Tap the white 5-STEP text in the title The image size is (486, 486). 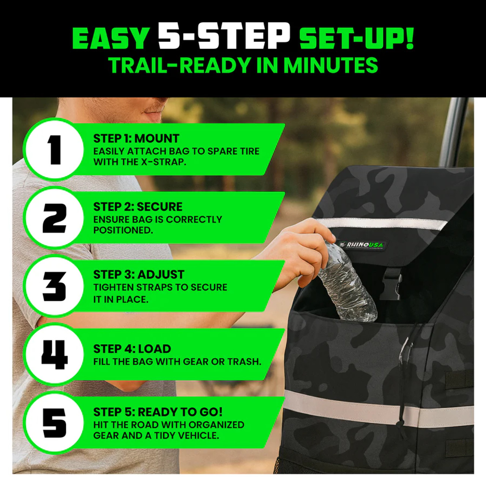pos(224,36)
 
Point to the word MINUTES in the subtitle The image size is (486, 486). pos(330,65)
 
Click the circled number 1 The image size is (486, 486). pos(54,150)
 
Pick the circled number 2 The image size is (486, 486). pos(54,218)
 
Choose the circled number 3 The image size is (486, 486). pos(54,286)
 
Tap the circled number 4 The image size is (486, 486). pos(54,354)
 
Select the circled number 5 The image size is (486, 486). pos(54,423)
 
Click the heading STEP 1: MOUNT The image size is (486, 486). pos(136,139)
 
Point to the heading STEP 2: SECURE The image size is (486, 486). pos(137,207)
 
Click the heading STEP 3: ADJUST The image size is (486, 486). pos(139,275)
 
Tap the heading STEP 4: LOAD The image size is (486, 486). pos(132,349)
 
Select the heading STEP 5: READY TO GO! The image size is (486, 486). pos(158,412)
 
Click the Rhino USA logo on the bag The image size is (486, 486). pos(363,245)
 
